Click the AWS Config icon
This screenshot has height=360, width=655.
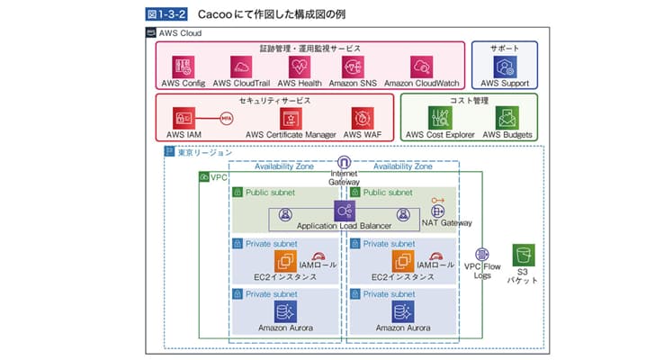coord(184,67)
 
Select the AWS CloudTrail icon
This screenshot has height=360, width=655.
coord(240,67)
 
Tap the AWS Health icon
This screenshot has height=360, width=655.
coord(300,67)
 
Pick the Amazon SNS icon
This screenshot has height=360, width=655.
coord(357,67)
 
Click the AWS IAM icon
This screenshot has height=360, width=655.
coord(184,118)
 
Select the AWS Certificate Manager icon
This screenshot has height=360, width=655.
coord(292,118)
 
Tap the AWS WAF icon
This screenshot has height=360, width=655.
coord(363,118)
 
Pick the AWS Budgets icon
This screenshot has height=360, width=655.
coord(507,118)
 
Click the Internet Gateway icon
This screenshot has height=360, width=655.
coord(344,162)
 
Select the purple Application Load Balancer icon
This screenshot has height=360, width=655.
coord(344,211)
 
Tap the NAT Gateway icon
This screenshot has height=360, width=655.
coord(438,211)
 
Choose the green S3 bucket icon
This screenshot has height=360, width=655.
coord(523,255)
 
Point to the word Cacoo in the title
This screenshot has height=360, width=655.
coord(217,15)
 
